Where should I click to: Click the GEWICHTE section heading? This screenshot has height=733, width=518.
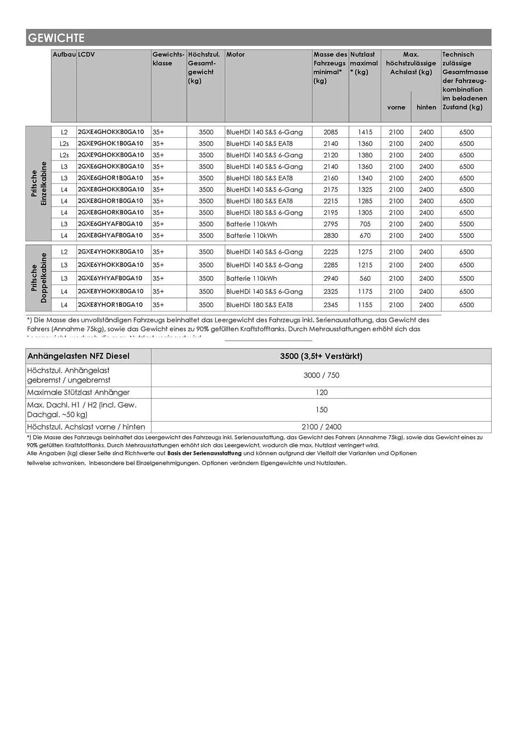pyautogui.click(x=56, y=38)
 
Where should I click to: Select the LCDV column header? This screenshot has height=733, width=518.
pyautogui.click(x=86, y=55)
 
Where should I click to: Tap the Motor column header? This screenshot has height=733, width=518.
pyautogui.click(x=235, y=55)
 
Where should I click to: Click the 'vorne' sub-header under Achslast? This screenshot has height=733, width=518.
pyautogui.click(x=396, y=107)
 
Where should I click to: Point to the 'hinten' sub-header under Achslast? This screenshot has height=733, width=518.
pyautogui.click(x=426, y=107)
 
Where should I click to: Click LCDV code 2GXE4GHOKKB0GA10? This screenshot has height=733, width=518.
pyautogui.click(x=111, y=132)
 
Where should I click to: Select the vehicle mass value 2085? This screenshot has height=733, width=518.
pyautogui.click(x=330, y=132)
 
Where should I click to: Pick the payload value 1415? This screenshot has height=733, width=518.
pyautogui.click(x=365, y=132)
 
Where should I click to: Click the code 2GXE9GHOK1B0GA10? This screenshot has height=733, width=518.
pyautogui.click(x=110, y=143)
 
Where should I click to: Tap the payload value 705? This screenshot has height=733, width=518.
pyautogui.click(x=365, y=224)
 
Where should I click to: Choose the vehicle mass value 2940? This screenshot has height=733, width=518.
pyautogui.click(x=330, y=279)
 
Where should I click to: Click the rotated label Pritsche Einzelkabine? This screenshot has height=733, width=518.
pyautogui.click(x=39, y=183)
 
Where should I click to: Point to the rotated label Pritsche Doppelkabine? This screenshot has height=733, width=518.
pyautogui.click(x=39, y=278)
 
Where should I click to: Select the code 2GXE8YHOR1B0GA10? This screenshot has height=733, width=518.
pyautogui.click(x=110, y=305)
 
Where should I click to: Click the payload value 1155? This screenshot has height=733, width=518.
pyautogui.click(x=365, y=305)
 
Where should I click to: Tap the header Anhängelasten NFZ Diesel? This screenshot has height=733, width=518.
pyautogui.click(x=78, y=356)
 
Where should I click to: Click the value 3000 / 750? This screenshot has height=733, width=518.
pyautogui.click(x=321, y=375)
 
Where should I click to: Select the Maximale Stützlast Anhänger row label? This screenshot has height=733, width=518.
pyautogui.click(x=78, y=393)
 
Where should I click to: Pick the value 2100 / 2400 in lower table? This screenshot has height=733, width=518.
pyautogui.click(x=321, y=427)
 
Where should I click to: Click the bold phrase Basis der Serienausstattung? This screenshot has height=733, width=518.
pyautogui.click(x=204, y=453)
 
